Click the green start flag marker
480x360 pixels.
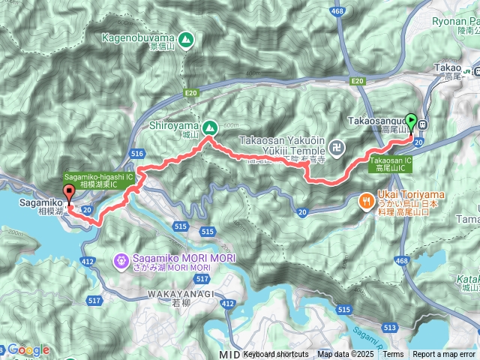(x=411, y=119)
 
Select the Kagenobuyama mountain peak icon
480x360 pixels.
(x=184, y=37)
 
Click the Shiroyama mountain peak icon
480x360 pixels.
(x=209, y=127)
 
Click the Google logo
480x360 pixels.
(x=28, y=349)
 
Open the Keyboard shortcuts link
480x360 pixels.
(x=275, y=354)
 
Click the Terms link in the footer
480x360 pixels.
(x=392, y=354)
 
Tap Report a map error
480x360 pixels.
(x=444, y=354)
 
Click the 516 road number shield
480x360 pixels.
(x=136, y=153)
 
